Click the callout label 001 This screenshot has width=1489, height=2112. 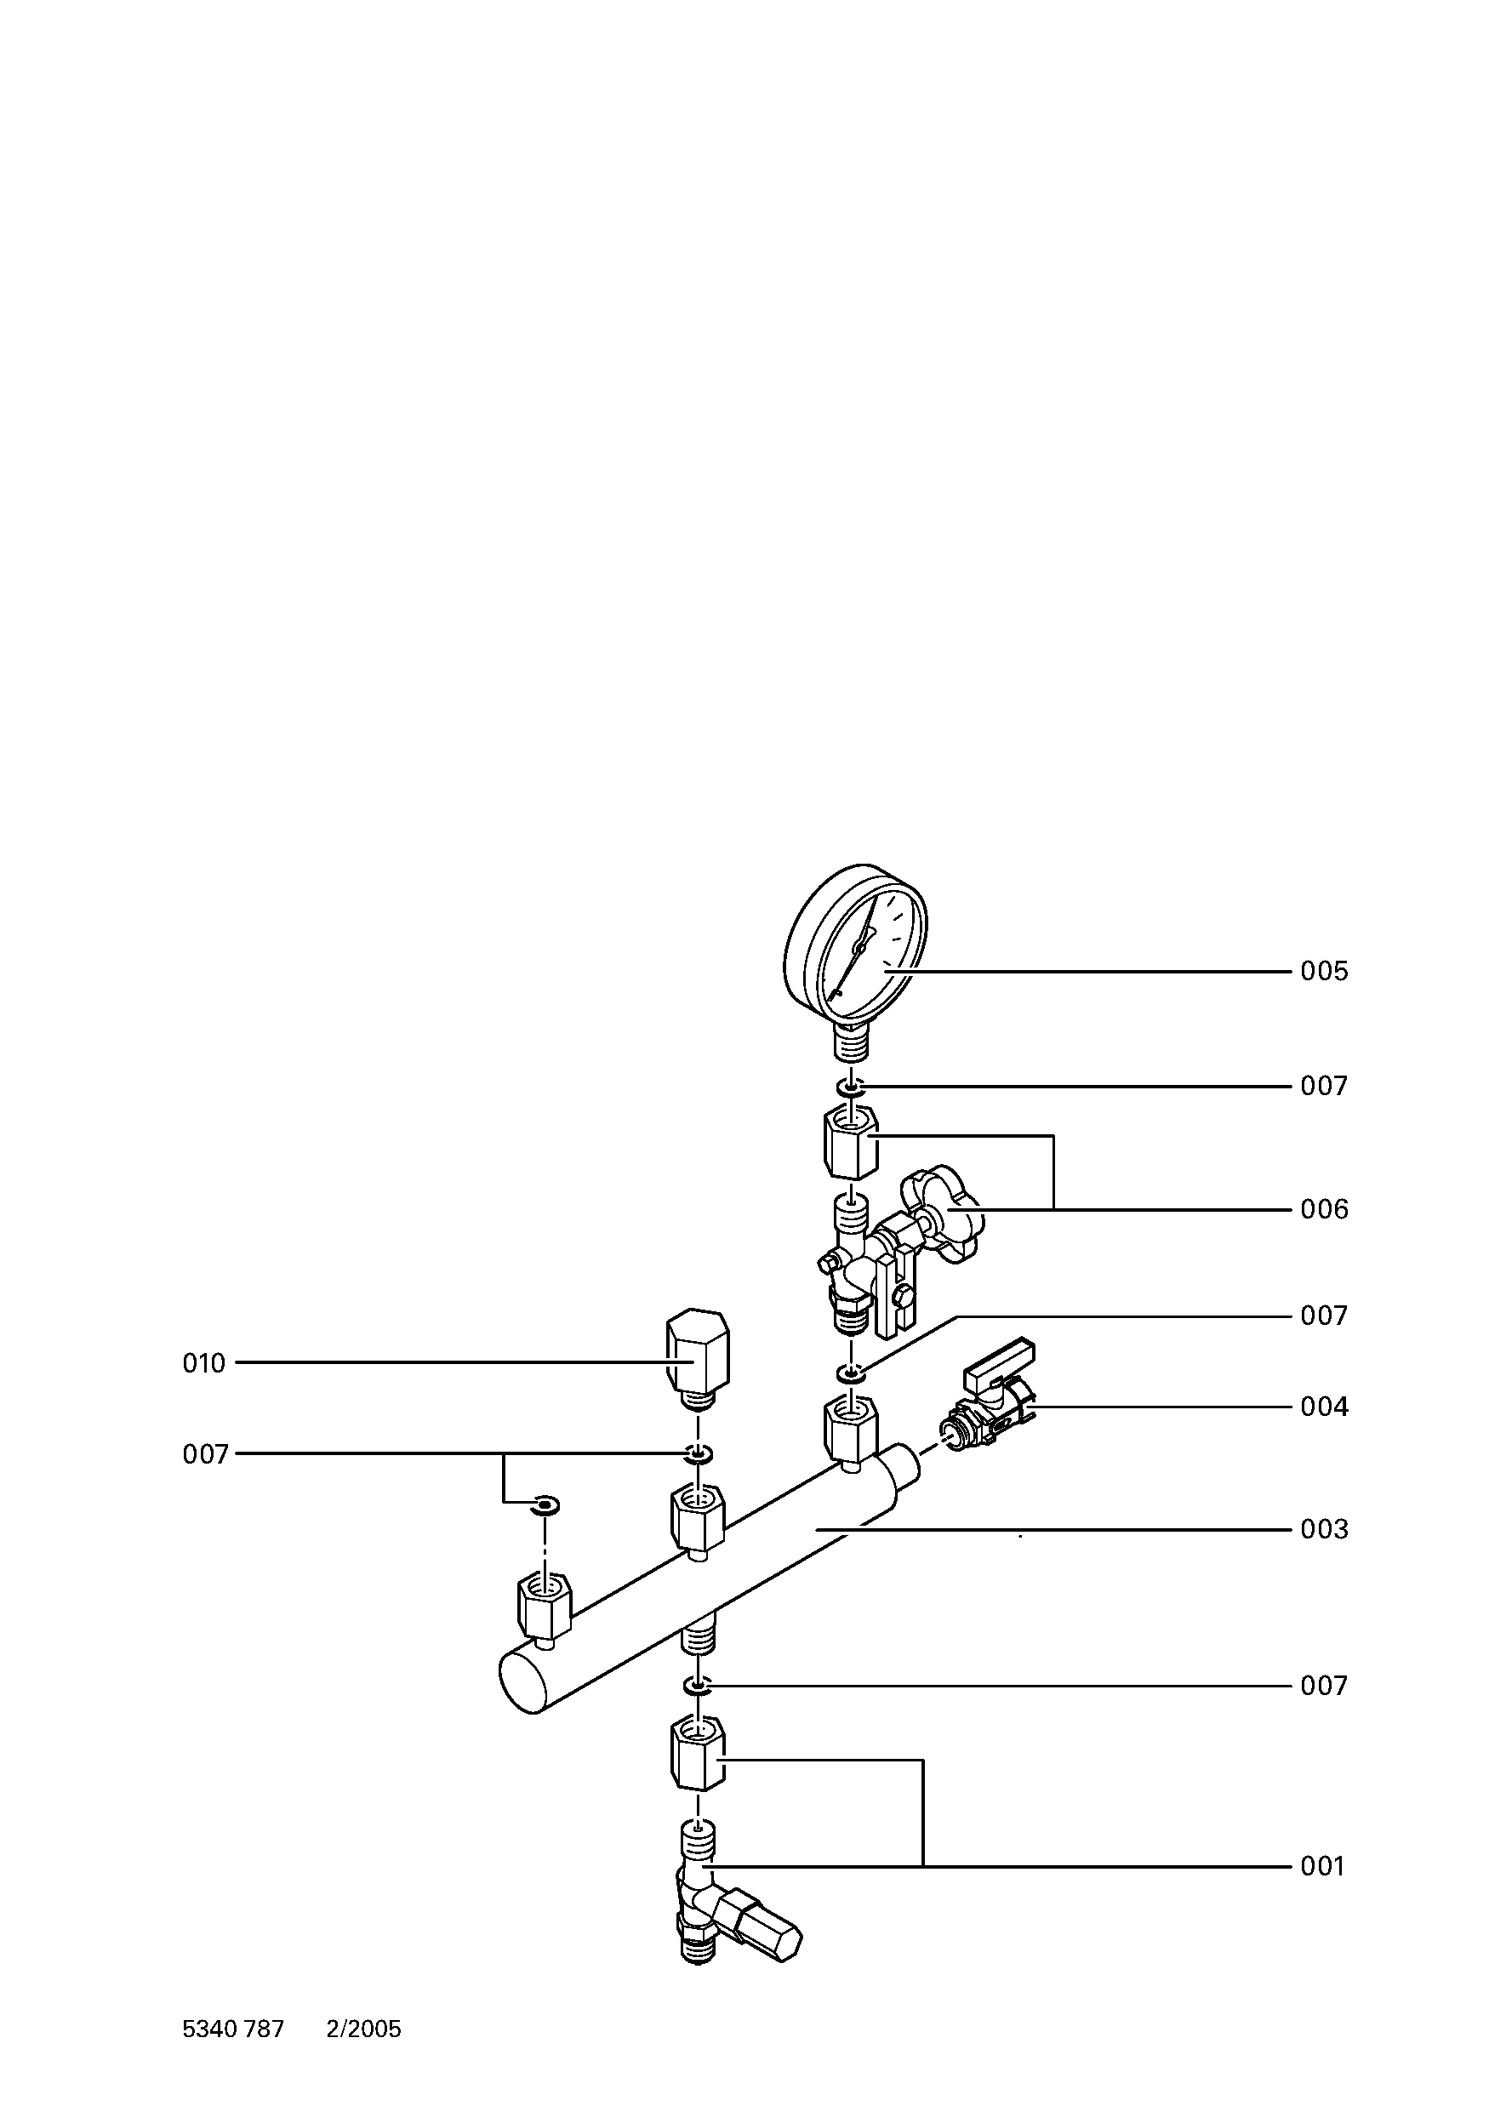point(1321,1866)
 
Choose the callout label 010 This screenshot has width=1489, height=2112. point(203,1363)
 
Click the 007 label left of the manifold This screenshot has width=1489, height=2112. point(205,1454)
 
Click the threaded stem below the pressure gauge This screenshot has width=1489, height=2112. point(852,1043)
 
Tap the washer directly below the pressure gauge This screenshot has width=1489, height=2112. point(852,1087)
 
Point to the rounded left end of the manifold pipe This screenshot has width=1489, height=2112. point(521,1682)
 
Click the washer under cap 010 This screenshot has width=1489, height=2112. point(697,1455)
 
